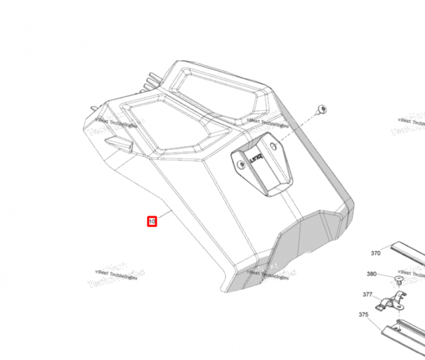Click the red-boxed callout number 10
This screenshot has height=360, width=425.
click(152, 221)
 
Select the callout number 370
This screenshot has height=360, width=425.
click(375, 254)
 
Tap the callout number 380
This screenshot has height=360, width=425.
click(371, 274)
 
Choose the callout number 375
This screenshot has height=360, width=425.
click(363, 315)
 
